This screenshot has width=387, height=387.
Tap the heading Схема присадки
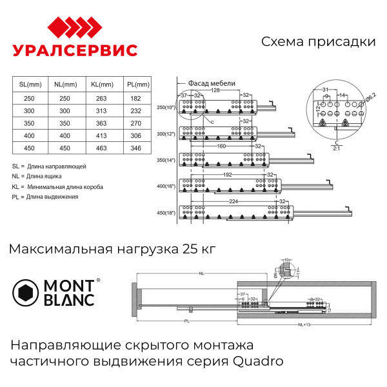coord(318,42)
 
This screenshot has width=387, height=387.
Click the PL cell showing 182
coord(135,98)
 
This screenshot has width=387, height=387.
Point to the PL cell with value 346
coord(135,148)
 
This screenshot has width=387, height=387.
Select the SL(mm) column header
coord(30,84)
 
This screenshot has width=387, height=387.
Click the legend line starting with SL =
coord(49,166)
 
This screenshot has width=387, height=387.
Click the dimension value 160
coord(220,146)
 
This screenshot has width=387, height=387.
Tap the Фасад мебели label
coord(212,84)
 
